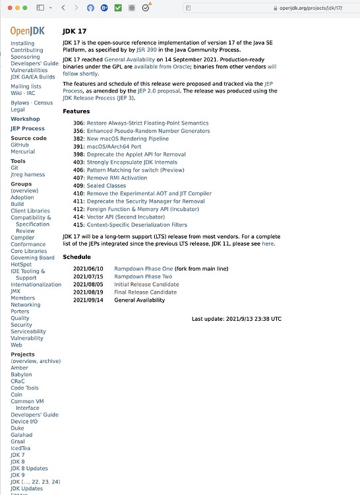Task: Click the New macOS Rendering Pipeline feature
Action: point(127,139)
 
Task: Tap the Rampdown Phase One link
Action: point(143,269)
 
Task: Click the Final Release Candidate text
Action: point(146,292)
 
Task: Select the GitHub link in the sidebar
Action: point(20,145)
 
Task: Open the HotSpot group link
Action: point(21,264)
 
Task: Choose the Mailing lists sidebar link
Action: point(26,86)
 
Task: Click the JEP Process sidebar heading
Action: point(28,129)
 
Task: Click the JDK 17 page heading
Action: point(75,31)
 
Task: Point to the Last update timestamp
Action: point(236,319)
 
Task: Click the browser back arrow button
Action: point(63,7)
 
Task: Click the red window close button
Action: point(7,7)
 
